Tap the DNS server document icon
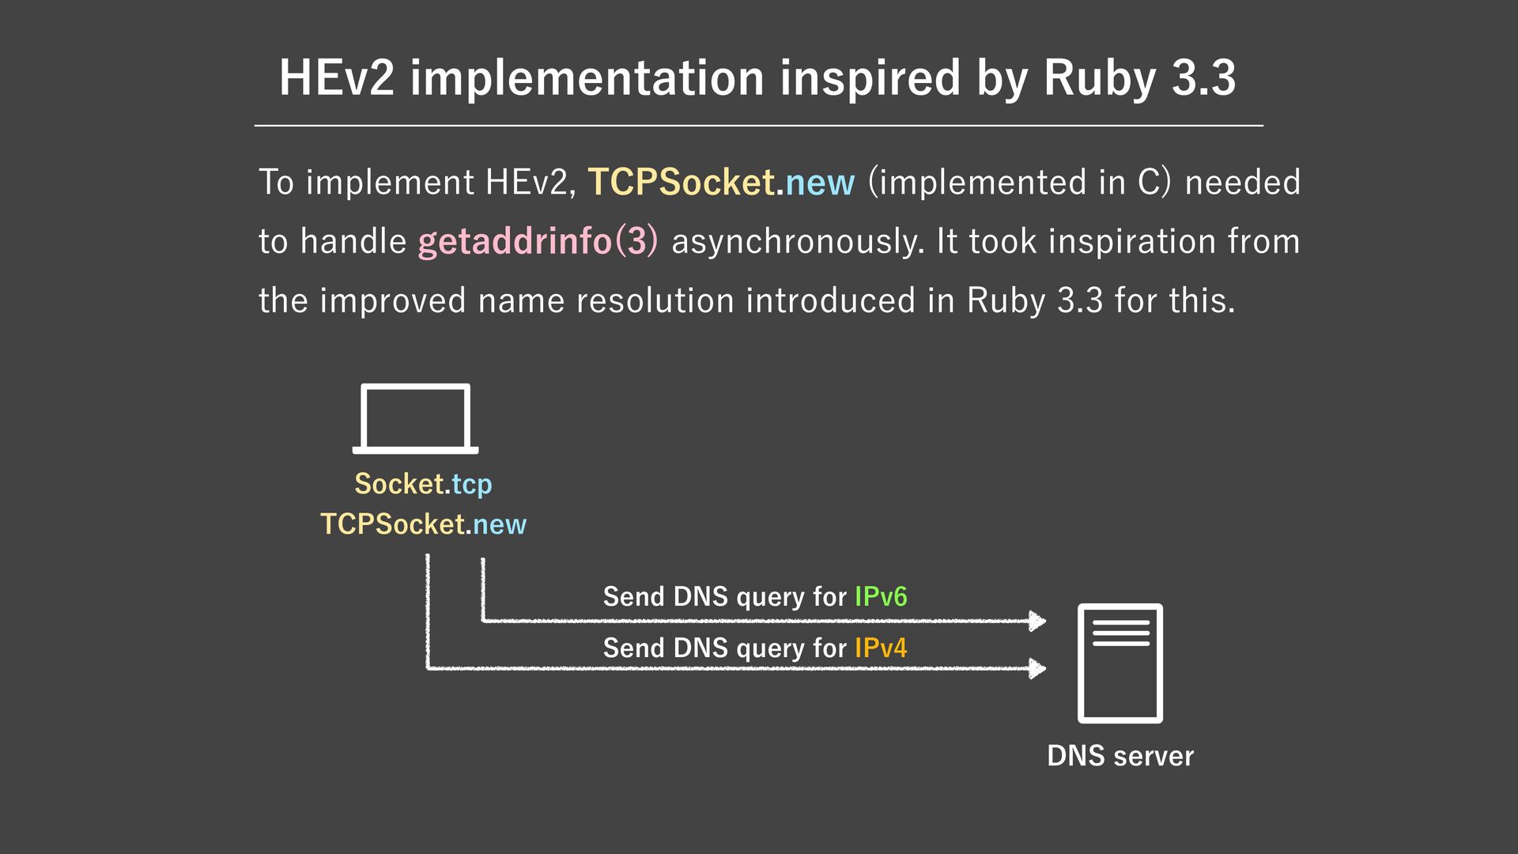click(x=1120, y=663)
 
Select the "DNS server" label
click(x=1120, y=756)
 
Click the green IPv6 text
click(x=881, y=596)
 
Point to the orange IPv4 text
click(x=881, y=648)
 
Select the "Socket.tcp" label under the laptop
click(x=423, y=484)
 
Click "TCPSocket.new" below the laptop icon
click(x=423, y=524)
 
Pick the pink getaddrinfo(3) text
click(x=538, y=241)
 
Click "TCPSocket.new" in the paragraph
click(x=721, y=182)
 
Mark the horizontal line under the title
click(x=759, y=125)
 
